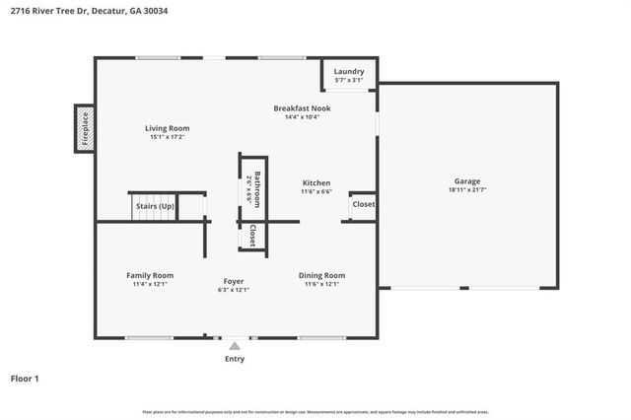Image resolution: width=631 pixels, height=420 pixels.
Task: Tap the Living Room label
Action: [x=167, y=128]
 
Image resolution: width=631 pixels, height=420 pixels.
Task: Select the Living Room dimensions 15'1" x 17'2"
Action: [x=167, y=137]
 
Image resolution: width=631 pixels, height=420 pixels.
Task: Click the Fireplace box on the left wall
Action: [x=85, y=128]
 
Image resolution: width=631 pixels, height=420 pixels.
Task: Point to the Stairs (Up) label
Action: [x=154, y=206]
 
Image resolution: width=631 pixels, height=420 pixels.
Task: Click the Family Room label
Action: [x=150, y=275]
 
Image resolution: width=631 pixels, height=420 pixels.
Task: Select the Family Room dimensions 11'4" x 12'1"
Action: [x=150, y=284]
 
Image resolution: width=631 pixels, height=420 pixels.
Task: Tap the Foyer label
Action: [x=233, y=281]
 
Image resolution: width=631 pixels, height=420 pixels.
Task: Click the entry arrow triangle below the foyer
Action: [x=234, y=345]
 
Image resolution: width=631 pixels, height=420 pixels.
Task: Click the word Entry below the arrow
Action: [x=234, y=359]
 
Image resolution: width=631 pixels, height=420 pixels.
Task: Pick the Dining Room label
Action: [x=321, y=275]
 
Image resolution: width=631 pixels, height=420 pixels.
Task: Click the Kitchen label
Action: [x=315, y=183]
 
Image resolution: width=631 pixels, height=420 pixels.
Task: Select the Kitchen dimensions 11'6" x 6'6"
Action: [x=315, y=192]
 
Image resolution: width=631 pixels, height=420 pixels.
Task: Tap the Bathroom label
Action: [x=257, y=188]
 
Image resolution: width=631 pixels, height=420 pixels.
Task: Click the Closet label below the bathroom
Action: [x=252, y=235]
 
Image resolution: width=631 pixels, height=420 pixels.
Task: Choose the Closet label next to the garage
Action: [x=364, y=205]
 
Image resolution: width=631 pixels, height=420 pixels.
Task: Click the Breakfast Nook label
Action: [x=302, y=107]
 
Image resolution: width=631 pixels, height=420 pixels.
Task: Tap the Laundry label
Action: [x=349, y=71]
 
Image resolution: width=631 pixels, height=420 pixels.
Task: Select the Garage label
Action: [x=466, y=181]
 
